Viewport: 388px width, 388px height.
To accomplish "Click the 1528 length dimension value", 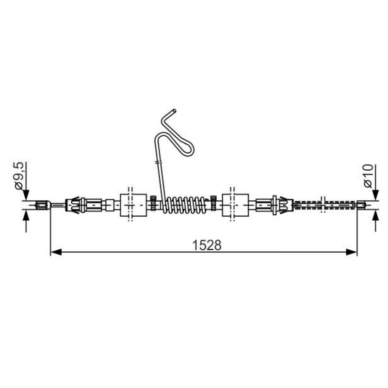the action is pyautogui.click(x=207, y=245).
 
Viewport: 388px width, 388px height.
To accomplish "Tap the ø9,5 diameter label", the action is pyautogui.click(x=19, y=176).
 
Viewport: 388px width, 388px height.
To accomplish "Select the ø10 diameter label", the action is pyautogui.click(x=368, y=176).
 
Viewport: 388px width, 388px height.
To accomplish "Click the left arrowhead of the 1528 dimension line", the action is pyautogui.click(x=56, y=252).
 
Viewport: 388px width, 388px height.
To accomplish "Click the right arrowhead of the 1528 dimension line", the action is pyautogui.click(x=351, y=252).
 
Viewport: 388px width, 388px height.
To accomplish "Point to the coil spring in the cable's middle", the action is pyautogui.click(x=186, y=205).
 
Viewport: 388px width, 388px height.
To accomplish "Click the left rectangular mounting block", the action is pyautogui.click(x=133, y=205).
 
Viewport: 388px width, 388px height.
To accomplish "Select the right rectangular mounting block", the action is pyautogui.click(x=235, y=205).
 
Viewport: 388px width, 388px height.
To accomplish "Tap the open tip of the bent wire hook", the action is pyautogui.click(x=174, y=111).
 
